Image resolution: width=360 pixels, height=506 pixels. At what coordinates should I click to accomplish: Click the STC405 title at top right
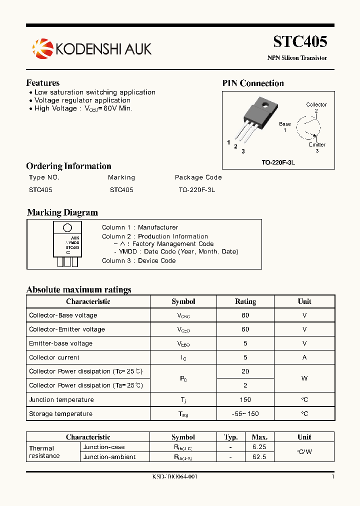click(300, 41)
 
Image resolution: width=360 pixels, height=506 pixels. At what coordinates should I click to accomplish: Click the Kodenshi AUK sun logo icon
click(42, 48)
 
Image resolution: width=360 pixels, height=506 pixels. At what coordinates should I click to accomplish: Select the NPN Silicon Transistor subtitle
click(297, 58)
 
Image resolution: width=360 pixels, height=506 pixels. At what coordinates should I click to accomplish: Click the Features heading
click(43, 83)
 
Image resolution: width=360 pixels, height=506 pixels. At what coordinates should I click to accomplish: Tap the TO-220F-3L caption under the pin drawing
click(278, 163)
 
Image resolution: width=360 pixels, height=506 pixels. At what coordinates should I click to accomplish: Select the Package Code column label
click(198, 177)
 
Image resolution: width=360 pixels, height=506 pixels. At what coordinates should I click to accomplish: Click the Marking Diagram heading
click(62, 212)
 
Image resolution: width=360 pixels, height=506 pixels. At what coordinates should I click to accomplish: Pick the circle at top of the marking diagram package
click(67, 228)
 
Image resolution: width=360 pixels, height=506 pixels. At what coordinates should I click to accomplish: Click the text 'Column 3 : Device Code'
click(138, 260)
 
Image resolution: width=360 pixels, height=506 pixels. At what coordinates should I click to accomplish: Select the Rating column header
click(245, 301)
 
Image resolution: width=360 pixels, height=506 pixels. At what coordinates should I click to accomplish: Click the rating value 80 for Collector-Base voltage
click(245, 315)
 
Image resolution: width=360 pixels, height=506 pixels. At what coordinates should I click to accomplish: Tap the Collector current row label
click(54, 357)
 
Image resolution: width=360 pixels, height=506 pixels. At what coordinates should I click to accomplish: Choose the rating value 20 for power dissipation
click(245, 371)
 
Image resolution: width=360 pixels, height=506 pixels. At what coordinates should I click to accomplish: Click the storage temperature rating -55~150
click(245, 414)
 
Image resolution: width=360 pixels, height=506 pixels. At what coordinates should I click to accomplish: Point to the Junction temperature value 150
click(245, 400)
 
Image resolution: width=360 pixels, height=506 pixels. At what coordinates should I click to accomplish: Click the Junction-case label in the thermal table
click(104, 447)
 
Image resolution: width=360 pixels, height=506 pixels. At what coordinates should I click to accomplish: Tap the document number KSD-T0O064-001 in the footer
click(175, 477)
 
